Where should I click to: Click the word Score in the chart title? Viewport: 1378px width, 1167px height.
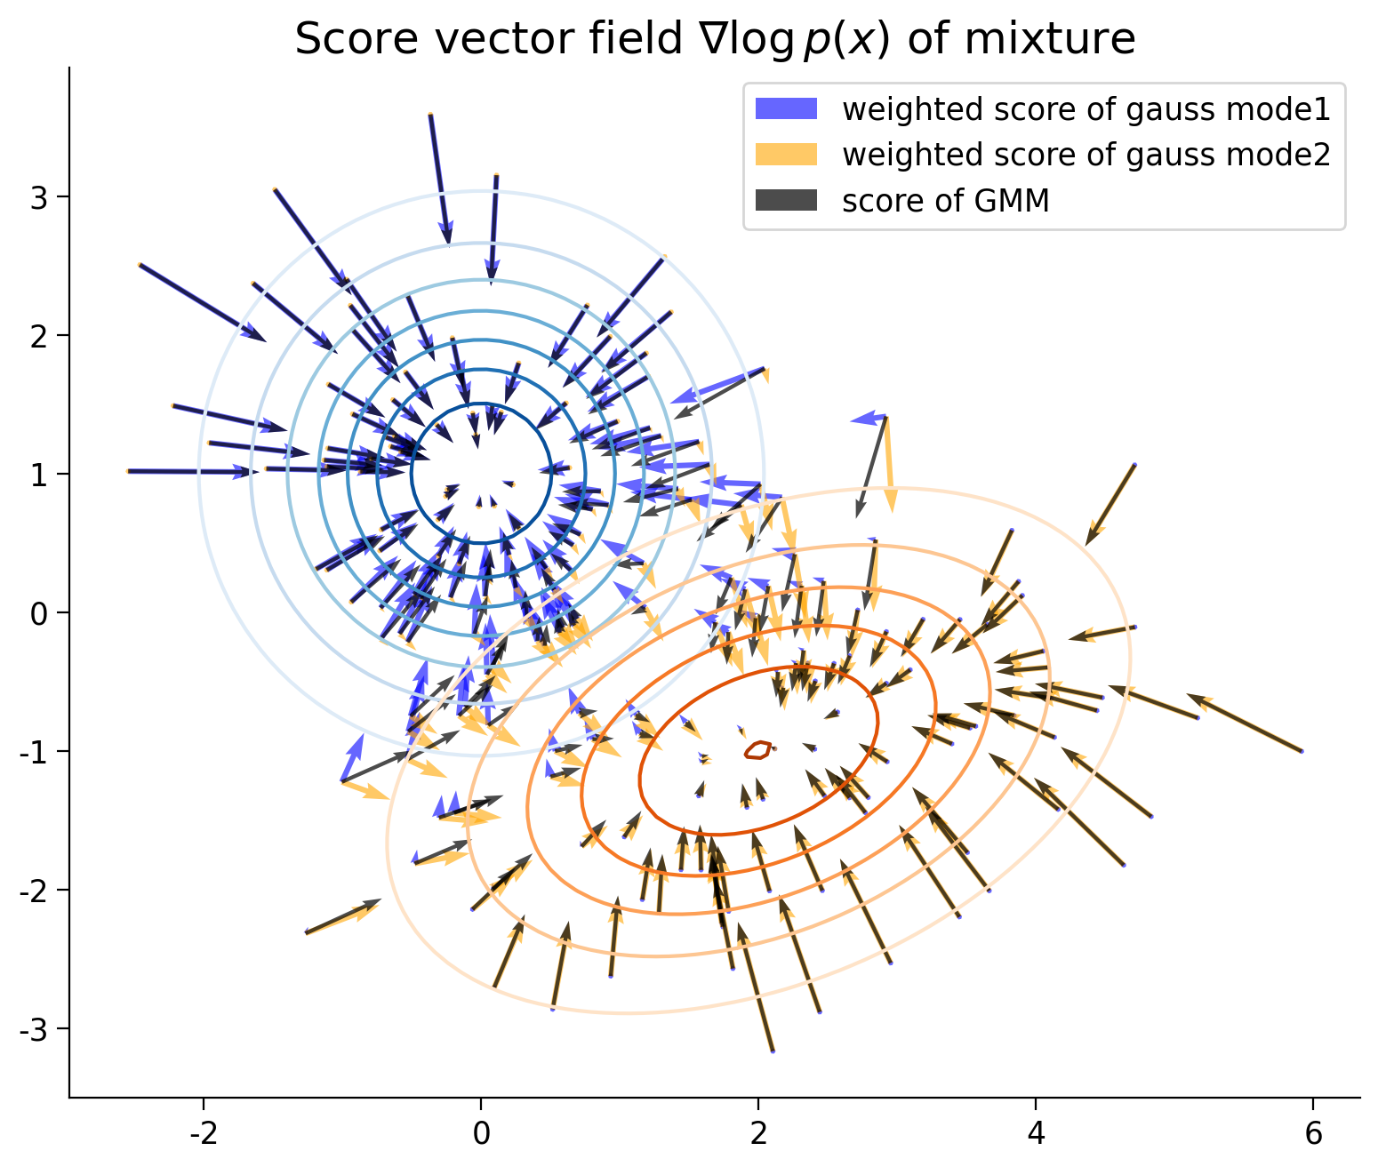pyautogui.click(x=343, y=40)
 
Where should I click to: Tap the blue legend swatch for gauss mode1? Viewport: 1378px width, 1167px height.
pyautogui.click(x=785, y=109)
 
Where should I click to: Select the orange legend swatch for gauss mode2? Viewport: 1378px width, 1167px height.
pyautogui.click(x=785, y=155)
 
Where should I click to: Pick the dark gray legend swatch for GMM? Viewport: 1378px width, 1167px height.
pyautogui.click(x=785, y=201)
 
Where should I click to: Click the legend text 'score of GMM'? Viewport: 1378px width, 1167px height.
pyautogui.click(x=946, y=201)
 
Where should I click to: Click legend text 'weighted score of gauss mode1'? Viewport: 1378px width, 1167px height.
pyautogui.click(x=1086, y=109)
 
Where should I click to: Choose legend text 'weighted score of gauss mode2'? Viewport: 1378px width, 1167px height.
pyautogui.click(x=1086, y=155)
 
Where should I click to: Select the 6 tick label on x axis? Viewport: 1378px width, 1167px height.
pyautogui.click(x=1313, y=1134)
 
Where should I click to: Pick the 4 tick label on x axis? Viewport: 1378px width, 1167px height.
pyautogui.click(x=1036, y=1134)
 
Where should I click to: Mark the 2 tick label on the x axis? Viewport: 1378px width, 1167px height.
pyautogui.click(x=758, y=1134)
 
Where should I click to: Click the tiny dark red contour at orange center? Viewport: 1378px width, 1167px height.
pyautogui.click(x=757, y=750)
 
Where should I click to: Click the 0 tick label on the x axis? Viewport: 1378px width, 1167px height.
pyautogui.click(x=481, y=1134)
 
